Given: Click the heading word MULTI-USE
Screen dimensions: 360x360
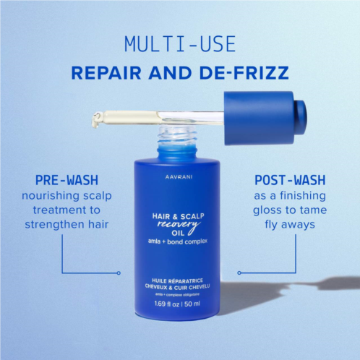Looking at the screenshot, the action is pos(180,44).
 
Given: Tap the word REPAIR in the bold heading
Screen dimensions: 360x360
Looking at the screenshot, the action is pos(106,72).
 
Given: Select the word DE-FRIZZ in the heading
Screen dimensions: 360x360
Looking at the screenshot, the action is pos(244,72).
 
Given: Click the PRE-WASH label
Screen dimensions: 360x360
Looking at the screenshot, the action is pos(67,180).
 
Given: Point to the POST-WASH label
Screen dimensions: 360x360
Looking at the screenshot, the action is pos(290,180).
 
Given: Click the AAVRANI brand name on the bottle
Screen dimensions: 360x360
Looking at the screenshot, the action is pos(179,177).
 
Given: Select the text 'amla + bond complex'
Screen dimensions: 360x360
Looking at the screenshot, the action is pos(178,241).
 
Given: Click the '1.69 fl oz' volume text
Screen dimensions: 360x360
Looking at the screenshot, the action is pos(167,304).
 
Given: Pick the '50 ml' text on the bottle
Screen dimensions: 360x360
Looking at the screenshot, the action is pos(192,304).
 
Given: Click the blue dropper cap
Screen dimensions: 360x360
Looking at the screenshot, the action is pos(265,118).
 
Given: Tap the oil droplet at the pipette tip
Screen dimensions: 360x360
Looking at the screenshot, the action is pos(96,120).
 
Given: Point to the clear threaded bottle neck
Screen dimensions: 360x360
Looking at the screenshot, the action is pos(178,136).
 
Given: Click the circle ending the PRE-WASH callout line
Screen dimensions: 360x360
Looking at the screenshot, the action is pos(119,273).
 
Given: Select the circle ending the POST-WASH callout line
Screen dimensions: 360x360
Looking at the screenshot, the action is pos(239,273).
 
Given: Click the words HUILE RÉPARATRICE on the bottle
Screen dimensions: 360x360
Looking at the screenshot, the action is pos(177,280).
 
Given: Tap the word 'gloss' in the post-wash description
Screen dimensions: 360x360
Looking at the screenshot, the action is pos(267,210).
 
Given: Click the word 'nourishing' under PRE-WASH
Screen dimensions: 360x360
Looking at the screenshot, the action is pos(51,196).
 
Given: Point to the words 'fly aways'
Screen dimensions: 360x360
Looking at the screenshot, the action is pos(290,225).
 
